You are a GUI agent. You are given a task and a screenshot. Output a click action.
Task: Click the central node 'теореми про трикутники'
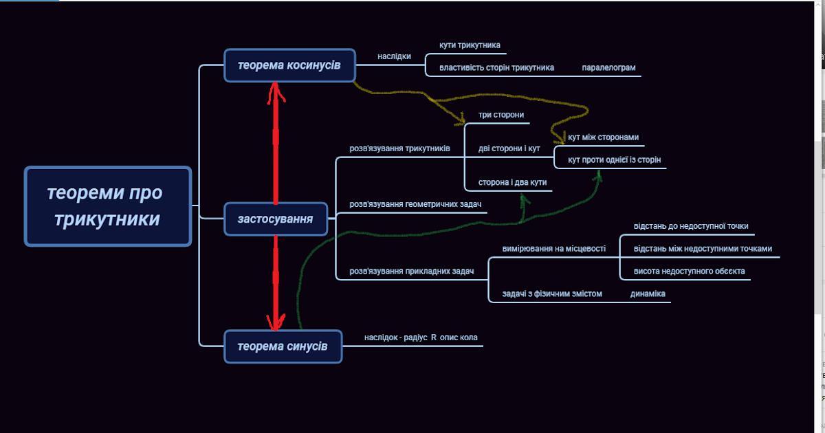pos(107,206)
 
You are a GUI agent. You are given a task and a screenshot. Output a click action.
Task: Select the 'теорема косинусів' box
pos(289,65)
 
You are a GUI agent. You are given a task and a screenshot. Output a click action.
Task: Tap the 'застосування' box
pos(275,219)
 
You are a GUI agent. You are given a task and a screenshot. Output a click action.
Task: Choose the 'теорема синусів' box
pos(283,346)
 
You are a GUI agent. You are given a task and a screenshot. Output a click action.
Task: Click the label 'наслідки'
pos(394,56)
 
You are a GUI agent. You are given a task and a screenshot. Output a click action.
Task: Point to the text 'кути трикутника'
pos(470,45)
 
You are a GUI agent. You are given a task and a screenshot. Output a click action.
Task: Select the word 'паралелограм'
pos(608,68)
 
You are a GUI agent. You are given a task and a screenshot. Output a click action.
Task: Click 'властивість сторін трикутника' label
pos(496,68)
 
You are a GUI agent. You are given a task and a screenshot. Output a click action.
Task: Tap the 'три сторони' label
pos(501,115)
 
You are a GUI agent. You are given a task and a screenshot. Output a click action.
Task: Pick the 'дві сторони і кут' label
pos(509,148)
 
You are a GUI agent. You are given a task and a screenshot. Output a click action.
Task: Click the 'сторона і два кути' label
pos(512,182)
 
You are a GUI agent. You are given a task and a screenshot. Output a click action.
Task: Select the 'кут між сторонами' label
pos(603,137)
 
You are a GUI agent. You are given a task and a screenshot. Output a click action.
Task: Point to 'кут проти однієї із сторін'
pos(614,160)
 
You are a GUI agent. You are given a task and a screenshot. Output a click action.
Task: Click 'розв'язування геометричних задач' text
pos(415,205)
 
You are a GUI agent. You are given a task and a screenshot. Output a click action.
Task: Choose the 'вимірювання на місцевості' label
pos(553,249)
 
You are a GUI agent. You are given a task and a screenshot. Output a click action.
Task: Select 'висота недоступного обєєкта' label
pos(689,271)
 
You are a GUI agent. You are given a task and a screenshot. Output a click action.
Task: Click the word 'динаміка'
pos(648,294)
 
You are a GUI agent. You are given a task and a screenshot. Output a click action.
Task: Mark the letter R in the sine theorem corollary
pos(434,338)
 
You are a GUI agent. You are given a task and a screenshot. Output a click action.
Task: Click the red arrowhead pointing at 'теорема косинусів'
pos(276,89)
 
